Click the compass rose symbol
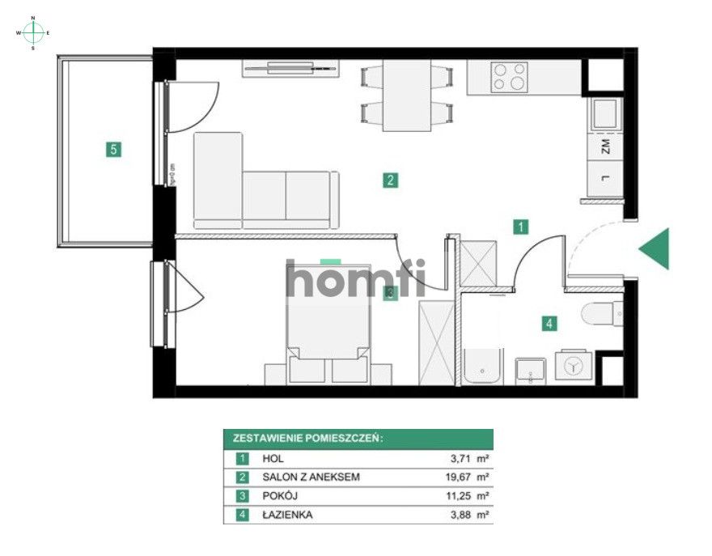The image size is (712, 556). click(x=33, y=32)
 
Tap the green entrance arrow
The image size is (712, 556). click(x=657, y=248)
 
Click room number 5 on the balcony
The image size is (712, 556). click(x=114, y=149)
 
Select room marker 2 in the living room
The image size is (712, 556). click(x=390, y=180)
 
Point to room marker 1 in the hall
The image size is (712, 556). click(x=523, y=227)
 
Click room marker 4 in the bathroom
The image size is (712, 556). click(x=549, y=324)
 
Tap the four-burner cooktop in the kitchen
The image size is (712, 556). click(x=510, y=77)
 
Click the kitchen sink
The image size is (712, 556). click(x=605, y=114)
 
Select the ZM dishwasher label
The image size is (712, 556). click(x=605, y=147)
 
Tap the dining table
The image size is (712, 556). click(x=405, y=95)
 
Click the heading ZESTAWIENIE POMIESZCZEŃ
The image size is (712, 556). click(x=307, y=439)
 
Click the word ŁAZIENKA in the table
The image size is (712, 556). click(x=287, y=514)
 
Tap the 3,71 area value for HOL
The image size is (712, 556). click(x=460, y=458)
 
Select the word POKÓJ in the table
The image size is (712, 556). click(x=280, y=495)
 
